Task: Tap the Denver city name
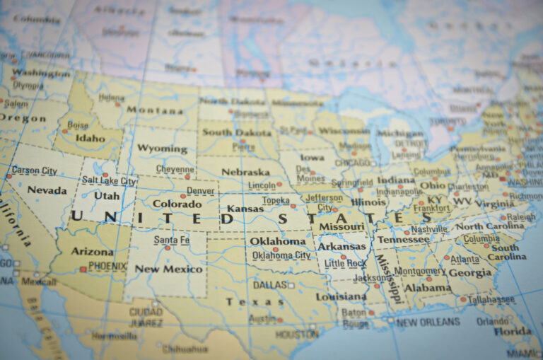pos(200,191)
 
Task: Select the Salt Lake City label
pos(109,181)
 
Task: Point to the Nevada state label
pos(47,190)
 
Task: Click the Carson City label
pos(35,170)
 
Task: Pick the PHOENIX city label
pos(107,267)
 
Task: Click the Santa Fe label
pos(172,240)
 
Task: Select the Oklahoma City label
pos(281,255)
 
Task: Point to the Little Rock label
pos(345,263)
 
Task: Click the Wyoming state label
pos(162,149)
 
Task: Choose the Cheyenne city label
pos(175,170)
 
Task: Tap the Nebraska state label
pos(245,172)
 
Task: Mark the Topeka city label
pos(276,201)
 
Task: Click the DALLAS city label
pos(269,285)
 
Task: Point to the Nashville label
pos(428,229)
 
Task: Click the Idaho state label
pos(90,138)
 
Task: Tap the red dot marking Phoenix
pos(83,269)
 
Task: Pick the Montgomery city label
pos(419,272)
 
